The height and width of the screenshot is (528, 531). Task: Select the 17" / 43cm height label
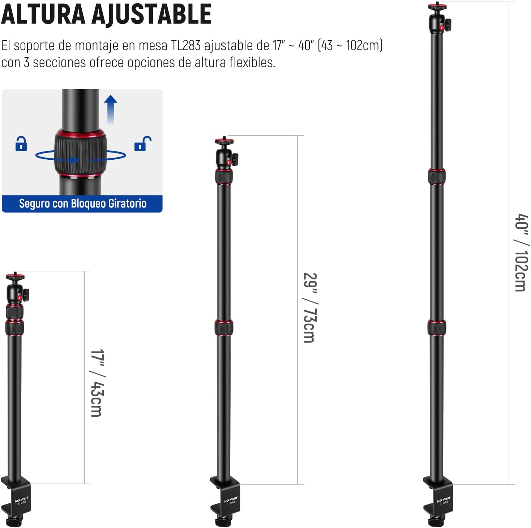(x=97, y=383)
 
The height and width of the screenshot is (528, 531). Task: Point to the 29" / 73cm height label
(x=310, y=308)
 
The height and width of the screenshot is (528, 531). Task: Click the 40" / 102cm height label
(x=522, y=252)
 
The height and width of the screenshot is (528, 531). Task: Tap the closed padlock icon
(x=21, y=143)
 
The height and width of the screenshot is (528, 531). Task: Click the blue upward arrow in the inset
(x=111, y=109)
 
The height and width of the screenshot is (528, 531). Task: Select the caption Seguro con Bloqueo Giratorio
(x=83, y=204)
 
